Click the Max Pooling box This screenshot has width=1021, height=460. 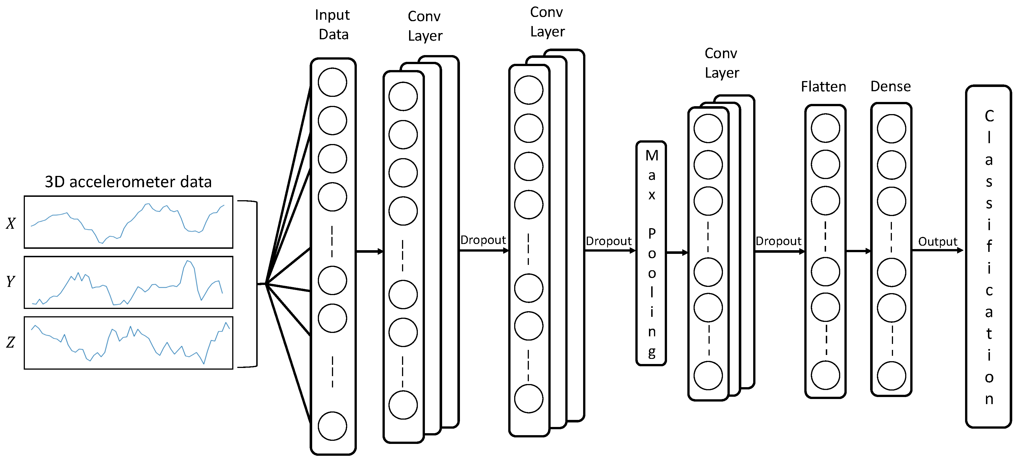click(651, 253)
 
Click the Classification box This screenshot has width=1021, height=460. click(988, 257)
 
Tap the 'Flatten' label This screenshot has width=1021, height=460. click(823, 86)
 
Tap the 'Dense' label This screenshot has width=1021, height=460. click(890, 86)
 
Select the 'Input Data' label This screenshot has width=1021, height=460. click(333, 25)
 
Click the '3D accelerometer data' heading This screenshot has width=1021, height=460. click(128, 182)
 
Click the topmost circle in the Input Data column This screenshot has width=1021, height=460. click(332, 82)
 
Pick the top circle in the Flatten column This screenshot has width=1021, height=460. click(825, 128)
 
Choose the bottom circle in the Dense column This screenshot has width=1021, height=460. click(891, 376)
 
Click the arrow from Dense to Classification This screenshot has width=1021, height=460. click(937, 250)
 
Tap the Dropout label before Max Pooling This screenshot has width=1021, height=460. click(609, 241)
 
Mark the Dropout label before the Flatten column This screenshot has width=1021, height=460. click(778, 241)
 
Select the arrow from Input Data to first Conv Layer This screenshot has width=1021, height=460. click(370, 251)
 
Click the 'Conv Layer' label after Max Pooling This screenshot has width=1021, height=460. click(721, 63)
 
